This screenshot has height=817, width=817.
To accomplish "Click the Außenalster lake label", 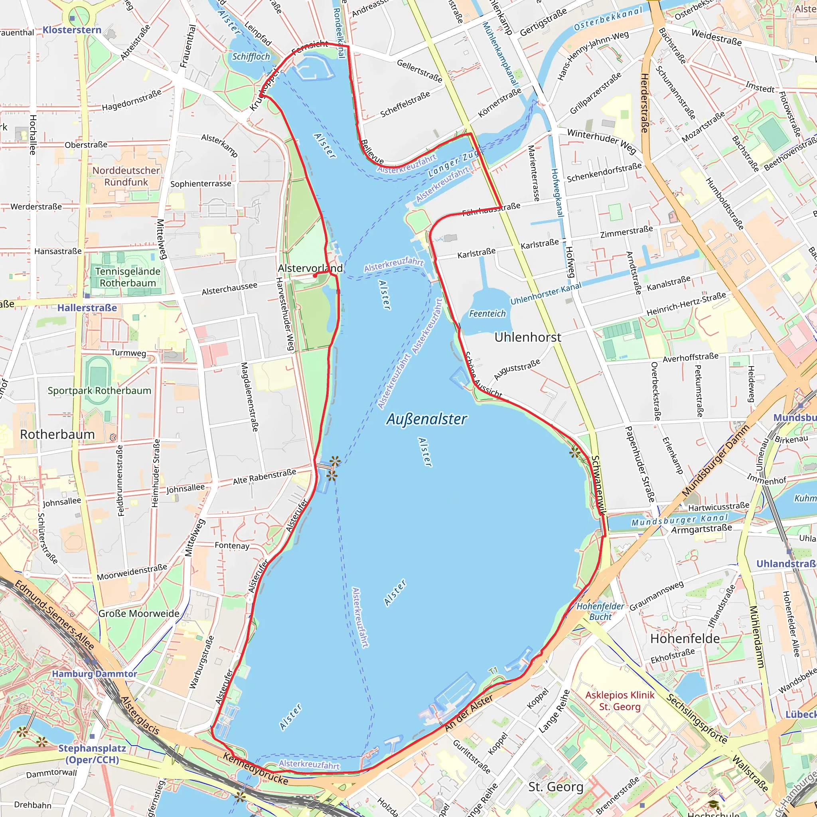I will [x=426, y=419].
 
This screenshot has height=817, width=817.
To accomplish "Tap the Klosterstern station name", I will [x=72, y=30].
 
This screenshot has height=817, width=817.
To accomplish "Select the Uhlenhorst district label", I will [x=528, y=337].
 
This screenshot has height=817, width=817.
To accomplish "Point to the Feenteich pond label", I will [x=487, y=313].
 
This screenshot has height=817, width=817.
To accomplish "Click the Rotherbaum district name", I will [x=57, y=434].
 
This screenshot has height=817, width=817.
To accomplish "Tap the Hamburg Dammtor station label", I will [x=94, y=674].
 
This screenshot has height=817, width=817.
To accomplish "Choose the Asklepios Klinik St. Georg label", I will [x=620, y=701].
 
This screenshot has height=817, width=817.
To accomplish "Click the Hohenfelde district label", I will [x=685, y=639].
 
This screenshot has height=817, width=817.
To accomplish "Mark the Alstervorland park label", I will [x=310, y=268].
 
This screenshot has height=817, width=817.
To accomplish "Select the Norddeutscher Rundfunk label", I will [x=126, y=176].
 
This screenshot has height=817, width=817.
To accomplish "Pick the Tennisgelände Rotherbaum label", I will [x=128, y=277].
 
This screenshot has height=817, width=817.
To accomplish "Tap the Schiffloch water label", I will [x=251, y=57].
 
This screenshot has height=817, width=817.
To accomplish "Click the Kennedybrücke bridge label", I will [x=255, y=768].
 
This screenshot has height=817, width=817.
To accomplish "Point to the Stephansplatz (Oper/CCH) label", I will [x=92, y=754].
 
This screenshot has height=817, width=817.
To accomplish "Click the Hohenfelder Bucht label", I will [x=600, y=612].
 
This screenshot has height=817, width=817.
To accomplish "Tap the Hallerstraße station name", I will [x=87, y=308].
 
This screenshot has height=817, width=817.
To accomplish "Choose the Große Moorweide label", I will [x=139, y=613].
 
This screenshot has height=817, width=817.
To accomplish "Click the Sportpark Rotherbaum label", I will [x=99, y=390].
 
